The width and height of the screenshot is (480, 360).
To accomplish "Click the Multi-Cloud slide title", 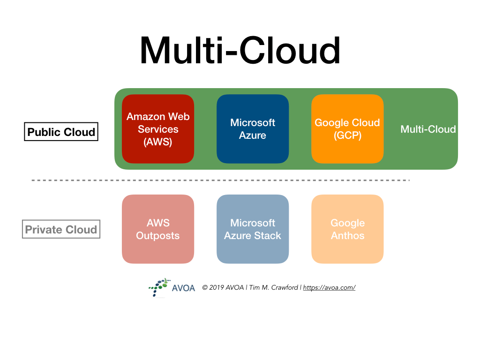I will [240, 51].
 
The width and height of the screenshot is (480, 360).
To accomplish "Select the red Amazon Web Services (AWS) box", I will [158, 129].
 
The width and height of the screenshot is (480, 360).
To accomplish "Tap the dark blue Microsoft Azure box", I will [253, 129].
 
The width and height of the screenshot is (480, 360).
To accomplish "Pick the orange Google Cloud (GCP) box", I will [347, 129].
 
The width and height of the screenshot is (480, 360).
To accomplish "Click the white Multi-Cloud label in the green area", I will [428, 129].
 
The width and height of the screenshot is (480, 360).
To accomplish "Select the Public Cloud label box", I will [61, 132].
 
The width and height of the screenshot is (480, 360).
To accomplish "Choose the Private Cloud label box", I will [61, 230].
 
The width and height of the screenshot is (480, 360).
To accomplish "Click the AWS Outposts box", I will [158, 229].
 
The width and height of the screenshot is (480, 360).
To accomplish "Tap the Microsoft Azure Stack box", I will [253, 229].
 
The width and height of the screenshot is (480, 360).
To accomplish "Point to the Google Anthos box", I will [347, 229].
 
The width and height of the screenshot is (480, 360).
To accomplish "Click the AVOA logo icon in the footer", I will [159, 287].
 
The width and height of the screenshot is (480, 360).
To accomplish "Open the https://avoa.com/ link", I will [329, 288].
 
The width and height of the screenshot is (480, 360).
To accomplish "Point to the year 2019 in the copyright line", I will [217, 288].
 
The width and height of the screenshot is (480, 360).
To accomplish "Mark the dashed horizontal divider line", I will [220, 180].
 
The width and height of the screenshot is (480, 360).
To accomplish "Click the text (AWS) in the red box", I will [158, 142].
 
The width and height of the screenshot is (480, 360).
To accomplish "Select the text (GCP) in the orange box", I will [347, 135].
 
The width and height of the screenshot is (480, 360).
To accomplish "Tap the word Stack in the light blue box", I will [268, 236].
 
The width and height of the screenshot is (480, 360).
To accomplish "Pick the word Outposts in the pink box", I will [158, 236].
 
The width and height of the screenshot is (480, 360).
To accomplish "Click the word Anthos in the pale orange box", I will [347, 236].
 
